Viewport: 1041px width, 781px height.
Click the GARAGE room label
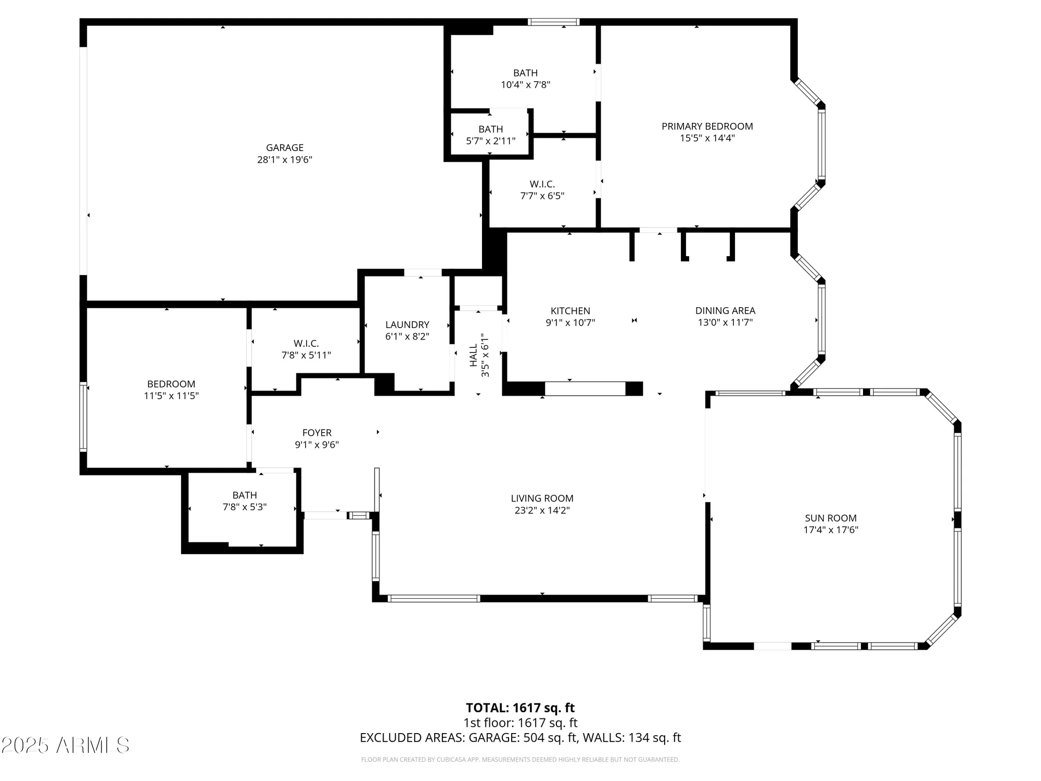285,148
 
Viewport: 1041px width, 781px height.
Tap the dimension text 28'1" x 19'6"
285,160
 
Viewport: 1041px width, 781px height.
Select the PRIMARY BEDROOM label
707,127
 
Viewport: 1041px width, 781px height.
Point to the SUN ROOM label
831,518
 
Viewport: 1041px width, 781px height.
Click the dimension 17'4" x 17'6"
831,530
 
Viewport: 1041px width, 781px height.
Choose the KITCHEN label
570,311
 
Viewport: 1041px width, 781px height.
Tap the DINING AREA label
725,311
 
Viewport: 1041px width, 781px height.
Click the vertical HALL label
474,355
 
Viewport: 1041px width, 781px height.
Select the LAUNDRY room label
407,325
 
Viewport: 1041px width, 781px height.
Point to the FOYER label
317,433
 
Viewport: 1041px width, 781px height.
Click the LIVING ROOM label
542,498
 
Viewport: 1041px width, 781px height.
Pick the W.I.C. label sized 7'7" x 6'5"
542,184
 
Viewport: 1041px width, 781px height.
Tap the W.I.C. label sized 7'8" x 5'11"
306,344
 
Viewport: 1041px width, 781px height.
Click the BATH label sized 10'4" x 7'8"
525,73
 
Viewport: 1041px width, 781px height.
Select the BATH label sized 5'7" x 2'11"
491,129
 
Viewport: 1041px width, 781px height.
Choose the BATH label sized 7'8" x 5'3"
245,495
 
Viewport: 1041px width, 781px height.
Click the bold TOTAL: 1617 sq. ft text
520,708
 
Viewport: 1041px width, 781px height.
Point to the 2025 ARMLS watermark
65,746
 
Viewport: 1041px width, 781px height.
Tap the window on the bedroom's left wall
83,417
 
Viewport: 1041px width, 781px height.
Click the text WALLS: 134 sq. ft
631,738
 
